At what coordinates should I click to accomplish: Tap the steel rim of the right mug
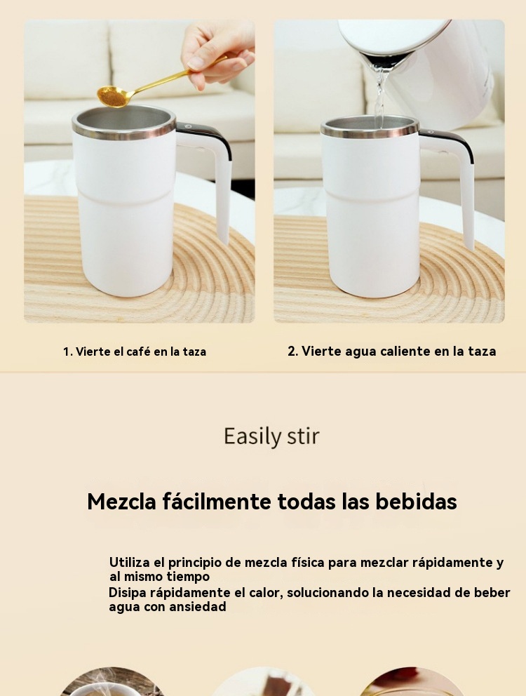click(370, 127)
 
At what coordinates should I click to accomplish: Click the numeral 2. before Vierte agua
click(292, 351)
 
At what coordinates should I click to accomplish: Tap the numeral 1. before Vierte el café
click(67, 352)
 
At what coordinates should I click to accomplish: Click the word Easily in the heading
click(253, 436)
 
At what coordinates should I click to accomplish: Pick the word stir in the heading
click(304, 436)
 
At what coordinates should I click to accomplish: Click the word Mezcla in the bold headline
click(121, 502)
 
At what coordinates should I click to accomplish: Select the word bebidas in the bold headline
click(417, 502)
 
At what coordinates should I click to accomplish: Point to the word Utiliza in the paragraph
click(129, 562)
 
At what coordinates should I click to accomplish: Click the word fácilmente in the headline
click(217, 502)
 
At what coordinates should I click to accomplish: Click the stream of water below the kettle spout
click(379, 98)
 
